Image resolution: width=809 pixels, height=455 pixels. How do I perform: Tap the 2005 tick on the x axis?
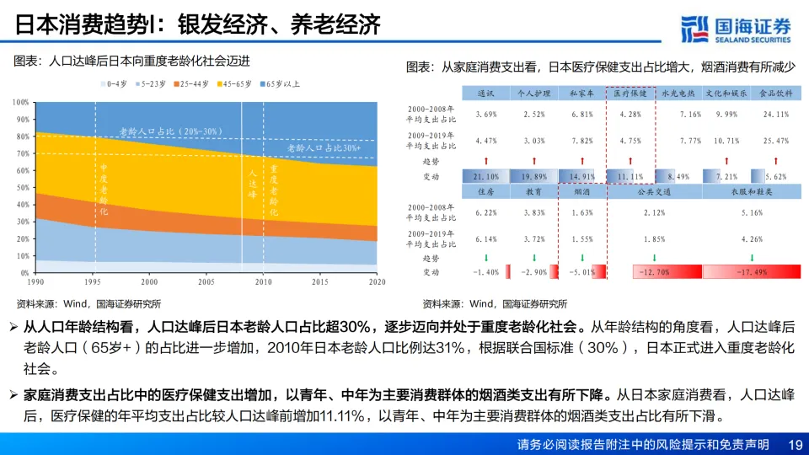click(x=206, y=282)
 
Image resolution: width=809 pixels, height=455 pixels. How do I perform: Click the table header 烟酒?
click(x=581, y=191)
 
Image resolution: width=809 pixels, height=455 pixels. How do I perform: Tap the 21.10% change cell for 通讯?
click(x=485, y=176)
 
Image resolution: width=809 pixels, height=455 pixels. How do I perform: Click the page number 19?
click(x=794, y=444)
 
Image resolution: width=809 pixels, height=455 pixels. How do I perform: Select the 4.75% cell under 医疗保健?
click(x=630, y=140)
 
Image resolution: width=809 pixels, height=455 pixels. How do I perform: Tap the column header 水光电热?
click(x=677, y=93)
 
